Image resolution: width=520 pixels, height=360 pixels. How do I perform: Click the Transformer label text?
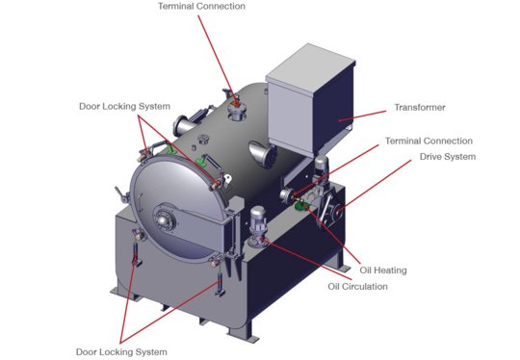tap(421, 107)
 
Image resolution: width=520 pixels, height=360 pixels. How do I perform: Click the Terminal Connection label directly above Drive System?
tap(429, 141)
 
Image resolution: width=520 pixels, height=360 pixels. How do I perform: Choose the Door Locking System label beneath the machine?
tap(121, 350)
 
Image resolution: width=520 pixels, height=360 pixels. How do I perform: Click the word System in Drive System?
tap(459, 157)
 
